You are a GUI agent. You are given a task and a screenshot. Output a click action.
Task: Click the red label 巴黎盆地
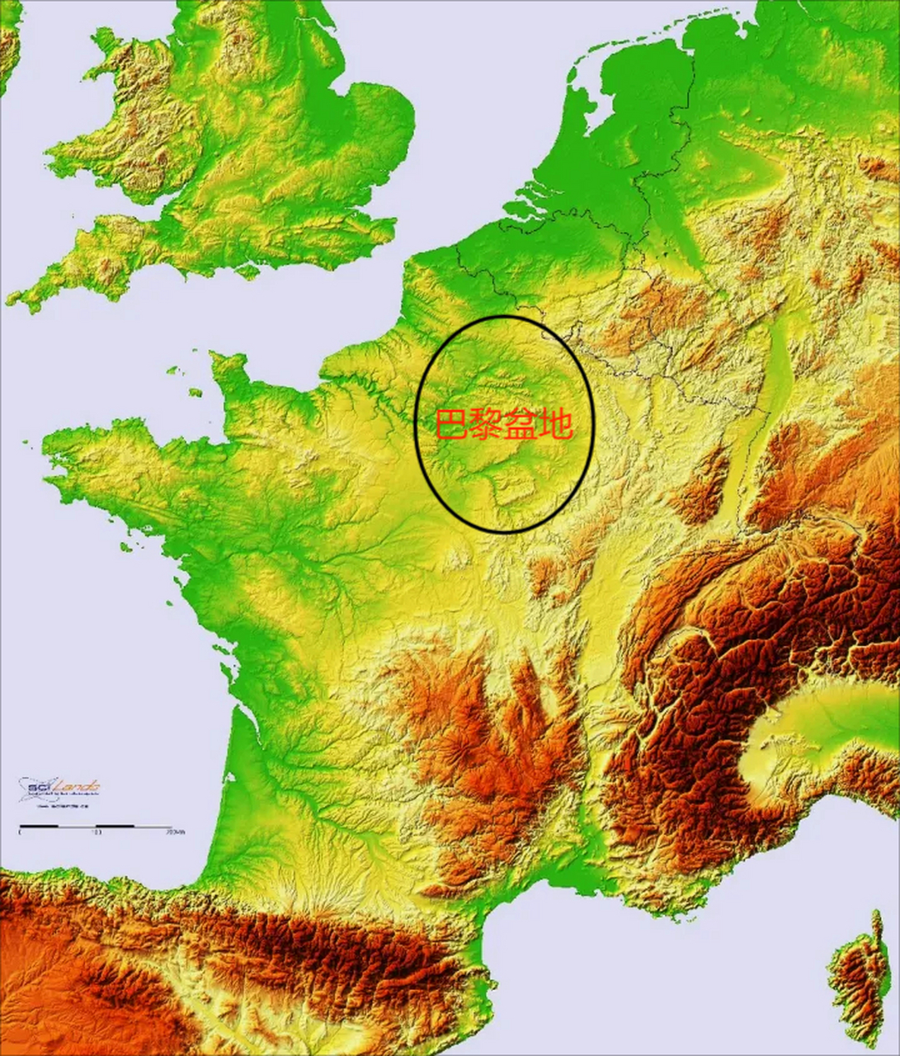point(503,424)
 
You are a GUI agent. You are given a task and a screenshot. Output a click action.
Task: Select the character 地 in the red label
point(555,424)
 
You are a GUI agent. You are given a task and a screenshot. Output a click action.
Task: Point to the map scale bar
point(95,824)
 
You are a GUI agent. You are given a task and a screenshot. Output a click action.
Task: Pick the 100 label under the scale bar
point(97,832)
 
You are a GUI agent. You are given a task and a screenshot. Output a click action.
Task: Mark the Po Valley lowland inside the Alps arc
point(825,718)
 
